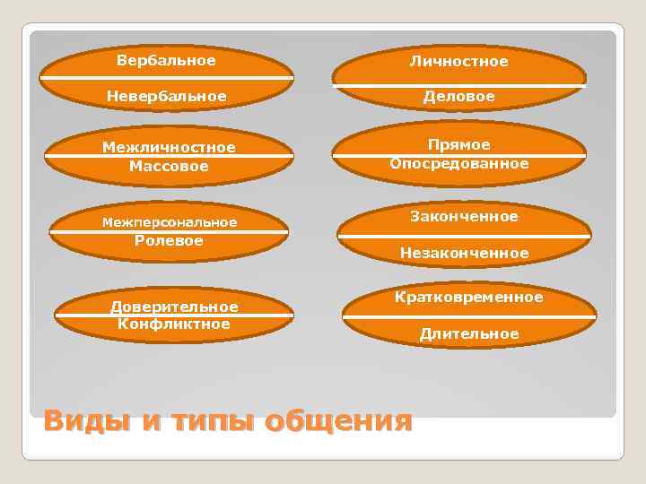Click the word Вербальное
pyautogui.click(x=166, y=61)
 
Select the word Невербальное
pyautogui.click(x=166, y=95)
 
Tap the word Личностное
pyautogui.click(x=458, y=62)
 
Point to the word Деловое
pyautogui.click(x=458, y=96)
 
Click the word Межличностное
pyautogui.click(x=169, y=148)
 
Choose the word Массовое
pyautogui.click(x=169, y=166)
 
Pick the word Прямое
pyautogui.click(x=458, y=145)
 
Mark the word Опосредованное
pyautogui.click(x=458, y=164)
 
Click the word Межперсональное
pyautogui.click(x=170, y=222)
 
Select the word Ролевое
pyautogui.click(x=169, y=240)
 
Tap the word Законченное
pyautogui.click(x=464, y=217)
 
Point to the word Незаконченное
pyautogui.click(x=464, y=254)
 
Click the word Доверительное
pyautogui.click(x=174, y=307)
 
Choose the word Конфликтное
pyautogui.click(x=174, y=324)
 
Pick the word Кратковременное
pyautogui.click(x=468, y=297)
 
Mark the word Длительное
pyautogui.click(x=469, y=334)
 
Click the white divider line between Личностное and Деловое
pyautogui.click(x=458, y=86)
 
